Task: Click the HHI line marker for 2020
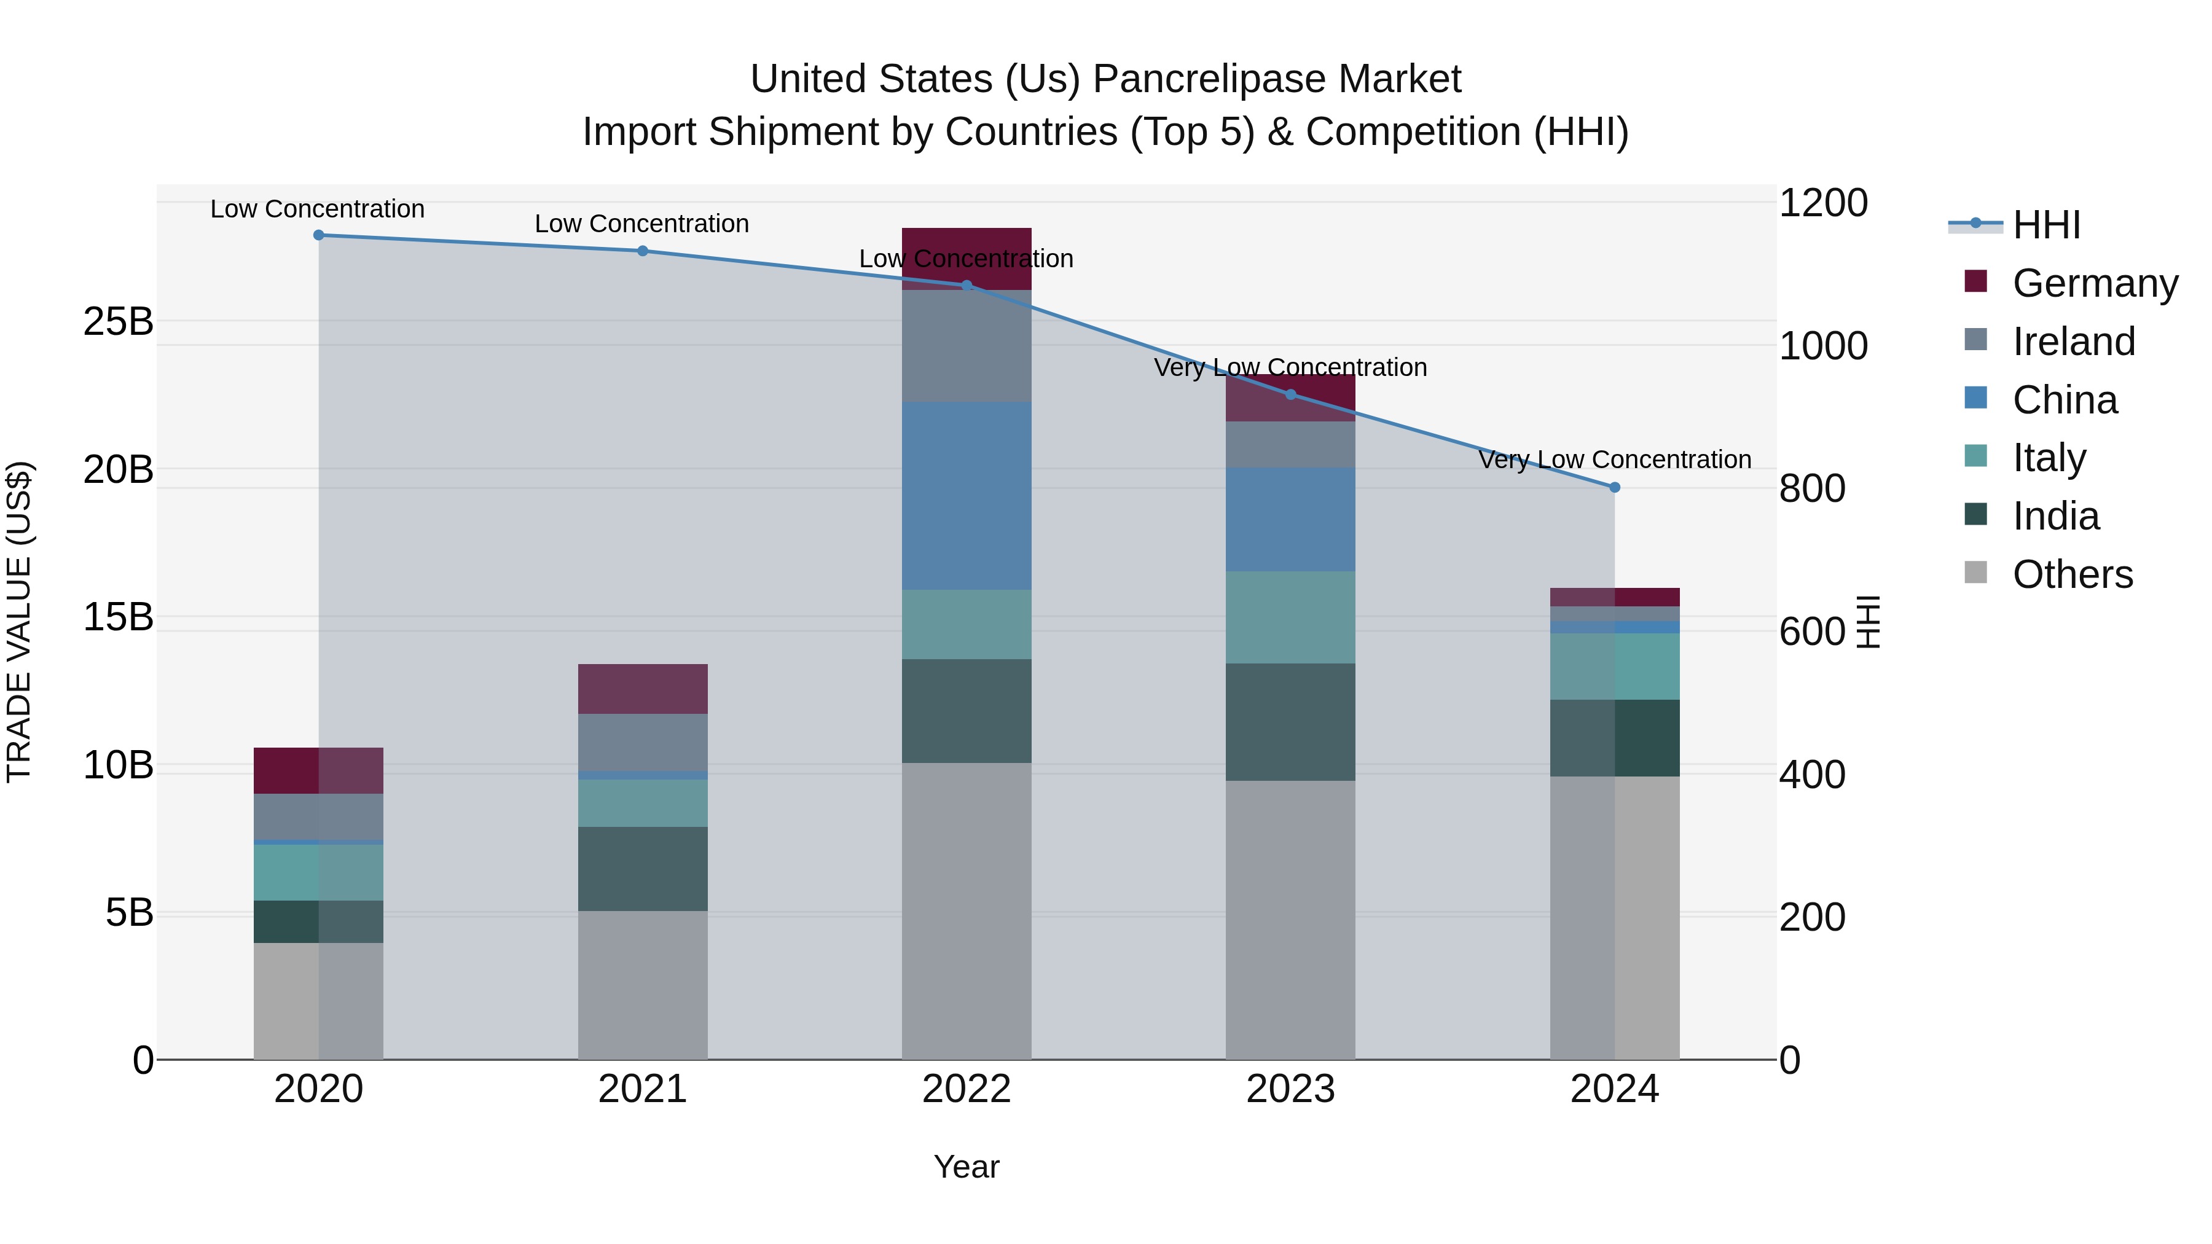click(x=318, y=235)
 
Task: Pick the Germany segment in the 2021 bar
click(x=642, y=689)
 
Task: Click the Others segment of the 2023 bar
click(x=1290, y=918)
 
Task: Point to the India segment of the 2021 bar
click(x=642, y=869)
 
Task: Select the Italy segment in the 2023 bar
click(x=1290, y=617)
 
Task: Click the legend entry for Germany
click(x=2095, y=283)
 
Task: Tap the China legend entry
click(x=2065, y=400)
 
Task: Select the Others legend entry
click(x=2071, y=574)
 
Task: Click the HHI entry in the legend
click(x=2045, y=225)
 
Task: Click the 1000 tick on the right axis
click(x=1823, y=346)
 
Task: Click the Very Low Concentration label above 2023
click(x=1290, y=367)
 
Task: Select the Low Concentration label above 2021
click(x=641, y=224)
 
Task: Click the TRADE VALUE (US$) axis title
click(x=19, y=622)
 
